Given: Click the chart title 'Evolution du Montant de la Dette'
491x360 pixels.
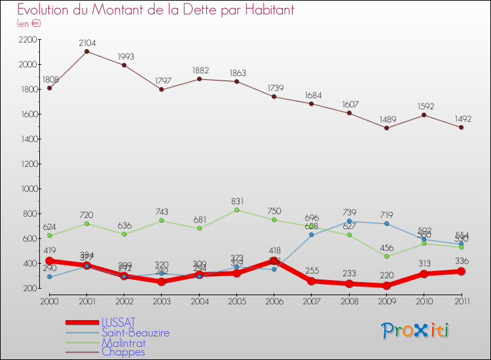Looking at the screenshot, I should tap(155, 10).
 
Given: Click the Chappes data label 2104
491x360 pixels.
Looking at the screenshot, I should tap(87, 43).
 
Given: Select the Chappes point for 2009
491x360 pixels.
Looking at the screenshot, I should tap(387, 128).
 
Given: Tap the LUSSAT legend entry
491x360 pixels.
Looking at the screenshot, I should tap(118, 322).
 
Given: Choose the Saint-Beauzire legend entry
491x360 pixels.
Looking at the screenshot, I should tap(135, 333).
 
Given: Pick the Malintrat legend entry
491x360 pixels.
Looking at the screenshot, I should tap(123, 342).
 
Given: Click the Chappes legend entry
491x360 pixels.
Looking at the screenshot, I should tap(123, 352).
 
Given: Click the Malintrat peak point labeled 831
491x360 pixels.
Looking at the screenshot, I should tap(236, 209).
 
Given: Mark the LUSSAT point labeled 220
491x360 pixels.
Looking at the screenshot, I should tap(387, 285).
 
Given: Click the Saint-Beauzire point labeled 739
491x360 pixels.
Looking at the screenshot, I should tap(350, 221).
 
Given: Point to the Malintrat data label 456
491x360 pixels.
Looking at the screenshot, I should tap(388, 247).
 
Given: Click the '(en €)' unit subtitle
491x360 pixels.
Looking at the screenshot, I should tap(29, 24).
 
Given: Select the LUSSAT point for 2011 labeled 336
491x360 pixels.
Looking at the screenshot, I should tap(461, 271).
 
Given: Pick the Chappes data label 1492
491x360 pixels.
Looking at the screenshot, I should tap(462, 118).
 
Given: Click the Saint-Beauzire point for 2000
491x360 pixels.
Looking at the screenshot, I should tap(50, 277).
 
